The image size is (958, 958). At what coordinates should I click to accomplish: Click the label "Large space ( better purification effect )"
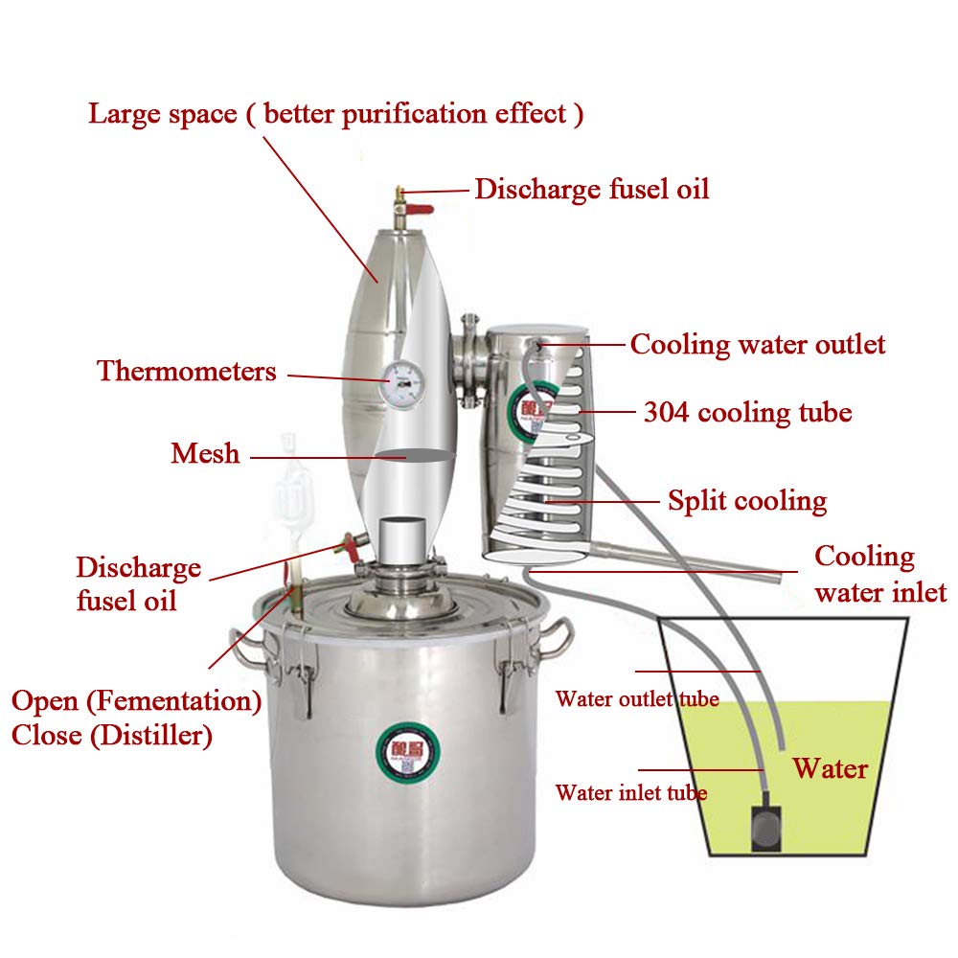[x=336, y=114]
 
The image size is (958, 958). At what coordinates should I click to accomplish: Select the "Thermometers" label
[x=187, y=372]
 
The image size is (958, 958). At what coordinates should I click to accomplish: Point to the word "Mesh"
[x=205, y=453]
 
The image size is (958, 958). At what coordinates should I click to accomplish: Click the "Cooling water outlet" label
[x=758, y=345]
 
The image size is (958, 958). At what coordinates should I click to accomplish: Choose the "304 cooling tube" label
[x=747, y=413]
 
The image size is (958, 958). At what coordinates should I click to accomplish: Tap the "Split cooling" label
[x=747, y=500]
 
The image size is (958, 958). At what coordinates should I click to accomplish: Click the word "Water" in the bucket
[x=831, y=768]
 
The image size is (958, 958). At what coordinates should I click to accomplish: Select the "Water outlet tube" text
[x=637, y=699]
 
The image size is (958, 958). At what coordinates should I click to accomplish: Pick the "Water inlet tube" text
[x=631, y=793]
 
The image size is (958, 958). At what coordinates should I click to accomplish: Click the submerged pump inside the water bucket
[x=765, y=826]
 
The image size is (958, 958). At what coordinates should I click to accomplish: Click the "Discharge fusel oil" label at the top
[x=592, y=189]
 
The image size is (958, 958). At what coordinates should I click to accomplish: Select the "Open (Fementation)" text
[x=136, y=700]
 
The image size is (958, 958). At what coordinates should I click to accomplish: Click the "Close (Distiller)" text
[x=112, y=736]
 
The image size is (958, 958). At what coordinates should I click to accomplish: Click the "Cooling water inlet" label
[x=879, y=575]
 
